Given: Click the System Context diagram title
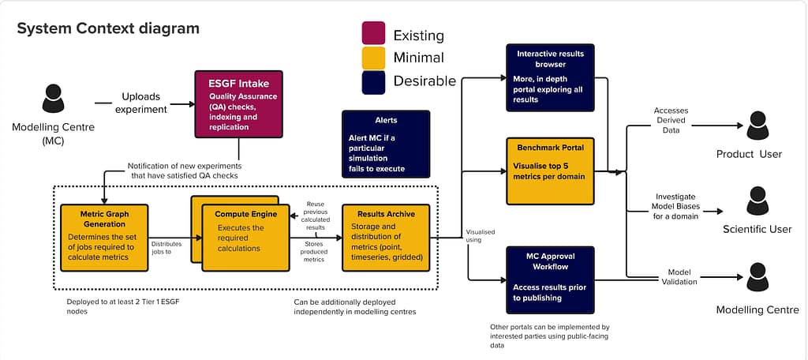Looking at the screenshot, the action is pos(108,28).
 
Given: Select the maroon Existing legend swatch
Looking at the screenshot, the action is pos(373,33).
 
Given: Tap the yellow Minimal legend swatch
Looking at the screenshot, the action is pos(373,58).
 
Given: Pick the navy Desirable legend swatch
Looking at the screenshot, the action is pos(373,83).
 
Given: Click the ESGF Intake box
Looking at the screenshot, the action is pos(238,104).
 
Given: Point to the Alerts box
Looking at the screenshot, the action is pos(385,144).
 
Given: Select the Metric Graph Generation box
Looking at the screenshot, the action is pos(104,238).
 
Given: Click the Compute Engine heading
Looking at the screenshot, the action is pos(246,214).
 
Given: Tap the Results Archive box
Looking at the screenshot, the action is pos(386,238).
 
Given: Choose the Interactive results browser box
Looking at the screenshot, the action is pos(550,77).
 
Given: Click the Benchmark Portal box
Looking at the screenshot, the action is pos(550,171).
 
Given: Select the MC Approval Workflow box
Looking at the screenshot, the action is pos(550,280).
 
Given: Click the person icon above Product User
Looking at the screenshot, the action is pos(757,126).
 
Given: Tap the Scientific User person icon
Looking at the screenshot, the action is pos(757,201).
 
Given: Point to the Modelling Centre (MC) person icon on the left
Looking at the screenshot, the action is pos(53,99).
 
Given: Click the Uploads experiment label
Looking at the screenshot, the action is pos(141,103).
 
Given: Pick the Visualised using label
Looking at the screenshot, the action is pos(480,236).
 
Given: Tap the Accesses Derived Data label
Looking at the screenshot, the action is pos(671,120).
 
